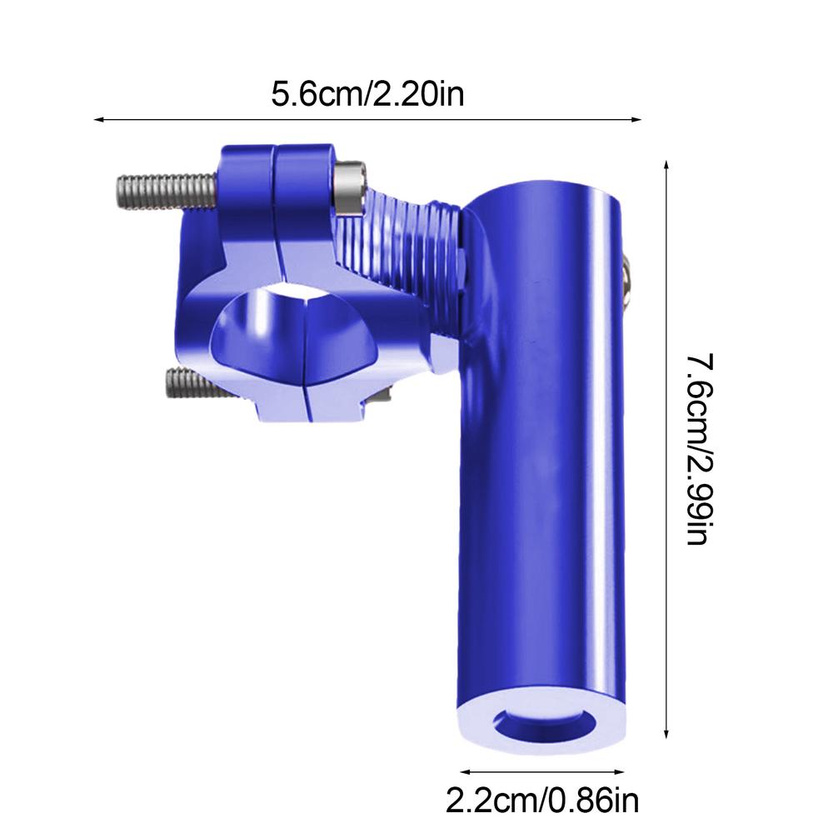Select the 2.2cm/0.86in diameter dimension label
tap(542, 802)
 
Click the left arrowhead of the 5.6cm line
tap(98, 120)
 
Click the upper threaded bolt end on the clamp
tap(162, 187)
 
